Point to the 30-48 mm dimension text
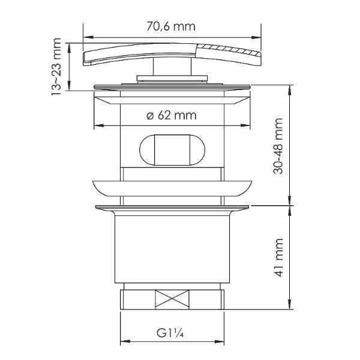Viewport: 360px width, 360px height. click(x=278, y=146)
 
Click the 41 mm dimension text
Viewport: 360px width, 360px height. click(x=278, y=255)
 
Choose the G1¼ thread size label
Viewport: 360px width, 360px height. click(x=170, y=330)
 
